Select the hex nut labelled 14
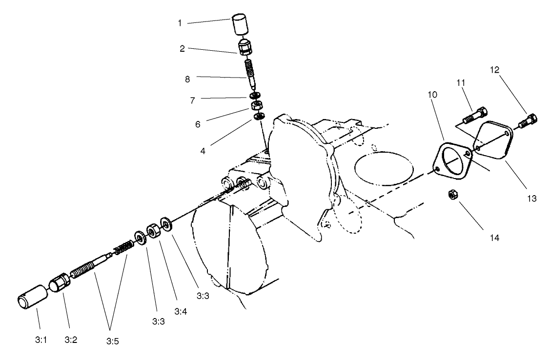(452, 195)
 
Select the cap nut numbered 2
(244, 48)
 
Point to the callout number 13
(531, 199)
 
